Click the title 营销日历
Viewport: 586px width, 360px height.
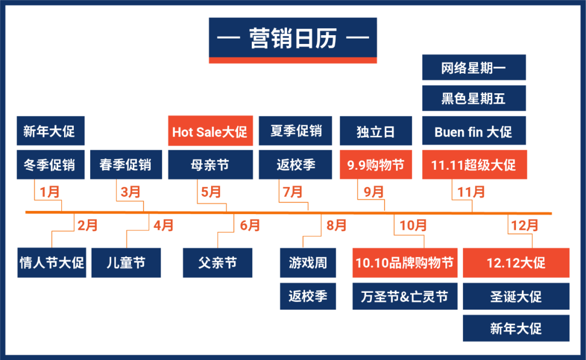pos(292,39)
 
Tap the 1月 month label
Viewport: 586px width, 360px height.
pos(49,192)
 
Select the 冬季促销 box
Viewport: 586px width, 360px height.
pos(50,165)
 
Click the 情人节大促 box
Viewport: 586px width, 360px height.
pos(52,263)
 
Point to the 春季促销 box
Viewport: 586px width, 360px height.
pos(126,165)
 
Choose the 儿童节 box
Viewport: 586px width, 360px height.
pos(126,263)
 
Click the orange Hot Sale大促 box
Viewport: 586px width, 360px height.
pos(210,131)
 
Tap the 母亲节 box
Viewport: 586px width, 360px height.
pos(210,165)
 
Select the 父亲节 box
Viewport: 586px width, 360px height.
pos(218,263)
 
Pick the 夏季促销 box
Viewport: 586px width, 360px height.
pos(296,131)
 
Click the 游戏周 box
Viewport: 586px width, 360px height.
pos(308,263)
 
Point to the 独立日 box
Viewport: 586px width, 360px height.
pos(376,131)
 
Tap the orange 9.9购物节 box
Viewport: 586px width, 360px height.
pos(376,165)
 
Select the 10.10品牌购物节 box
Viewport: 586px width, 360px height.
pos(404,263)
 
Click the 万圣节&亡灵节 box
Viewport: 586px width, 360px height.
pos(404,297)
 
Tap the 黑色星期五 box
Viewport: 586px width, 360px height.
pos(474,98)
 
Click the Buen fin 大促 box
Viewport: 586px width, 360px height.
pos(474,131)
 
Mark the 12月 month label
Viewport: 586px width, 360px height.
pos(525,225)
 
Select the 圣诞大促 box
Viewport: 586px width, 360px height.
pos(516,297)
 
